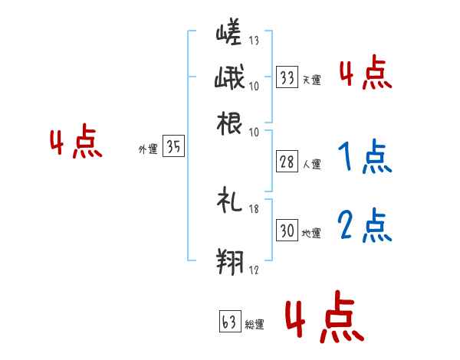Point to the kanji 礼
pos(229,202)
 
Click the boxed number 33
pos(287,77)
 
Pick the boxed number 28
pos(287,162)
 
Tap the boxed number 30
pos(287,231)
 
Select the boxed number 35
pos(173,148)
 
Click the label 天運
pos(311,80)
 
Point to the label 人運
pos(311,164)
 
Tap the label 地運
pos(311,233)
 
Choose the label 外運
pos(147,150)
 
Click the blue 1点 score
pos(364,157)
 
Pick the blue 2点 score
pos(364,225)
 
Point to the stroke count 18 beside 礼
pos(255,207)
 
